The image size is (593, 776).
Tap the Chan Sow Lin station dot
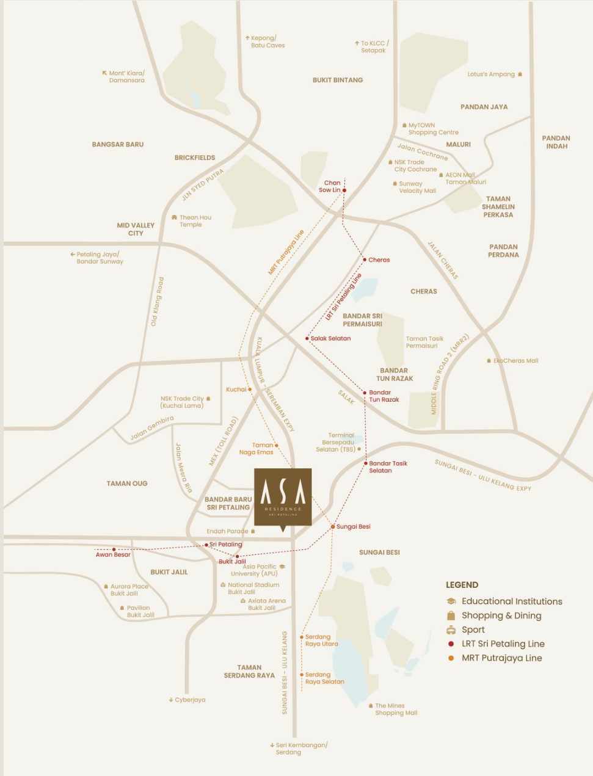[344, 190]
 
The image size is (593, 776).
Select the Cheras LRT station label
[379, 260]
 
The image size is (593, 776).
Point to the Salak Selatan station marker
[307, 338]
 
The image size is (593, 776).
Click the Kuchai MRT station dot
[250, 389]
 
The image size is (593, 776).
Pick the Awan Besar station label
[113, 554]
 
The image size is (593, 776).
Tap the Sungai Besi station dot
[333, 526]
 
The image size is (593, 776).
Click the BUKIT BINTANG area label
[338, 80]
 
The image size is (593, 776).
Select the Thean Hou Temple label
[195, 221]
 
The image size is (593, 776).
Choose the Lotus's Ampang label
[491, 74]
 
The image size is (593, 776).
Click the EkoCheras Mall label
[515, 361]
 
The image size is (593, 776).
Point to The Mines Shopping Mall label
[396, 709]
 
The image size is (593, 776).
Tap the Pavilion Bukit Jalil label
[140, 611]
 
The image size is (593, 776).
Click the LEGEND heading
[462, 585]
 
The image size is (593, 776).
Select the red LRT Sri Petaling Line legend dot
[451, 644]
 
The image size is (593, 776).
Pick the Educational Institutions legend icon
[451, 601]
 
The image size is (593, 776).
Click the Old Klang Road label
[158, 302]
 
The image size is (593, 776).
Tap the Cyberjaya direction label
[190, 700]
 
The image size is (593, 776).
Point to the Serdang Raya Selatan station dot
[302, 675]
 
